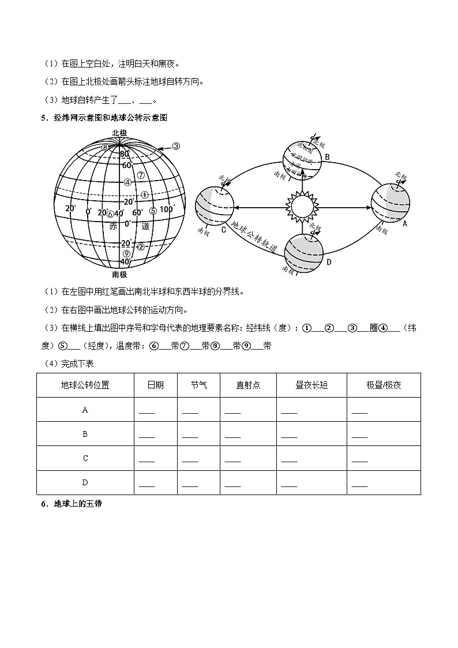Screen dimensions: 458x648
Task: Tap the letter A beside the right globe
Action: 404,223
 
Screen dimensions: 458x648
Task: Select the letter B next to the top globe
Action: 326,157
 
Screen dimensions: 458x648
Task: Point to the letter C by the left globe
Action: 224,229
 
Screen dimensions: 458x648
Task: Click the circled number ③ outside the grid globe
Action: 177,146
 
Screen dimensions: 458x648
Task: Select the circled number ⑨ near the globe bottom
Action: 126,253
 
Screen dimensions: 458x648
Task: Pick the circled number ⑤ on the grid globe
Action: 153,211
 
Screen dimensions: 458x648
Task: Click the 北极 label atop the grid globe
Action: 119,133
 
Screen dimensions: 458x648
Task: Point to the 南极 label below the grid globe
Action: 119,275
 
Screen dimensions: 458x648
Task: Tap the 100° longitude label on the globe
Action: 168,209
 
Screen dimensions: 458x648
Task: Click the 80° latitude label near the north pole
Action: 124,155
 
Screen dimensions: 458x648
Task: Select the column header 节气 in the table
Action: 198,385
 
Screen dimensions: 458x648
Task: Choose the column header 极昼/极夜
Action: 384,385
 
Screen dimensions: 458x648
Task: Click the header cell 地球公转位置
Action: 85,385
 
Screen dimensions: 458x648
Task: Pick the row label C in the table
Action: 85,458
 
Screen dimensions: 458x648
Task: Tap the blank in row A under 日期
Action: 147,412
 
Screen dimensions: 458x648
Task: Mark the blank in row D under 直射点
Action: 232,485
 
